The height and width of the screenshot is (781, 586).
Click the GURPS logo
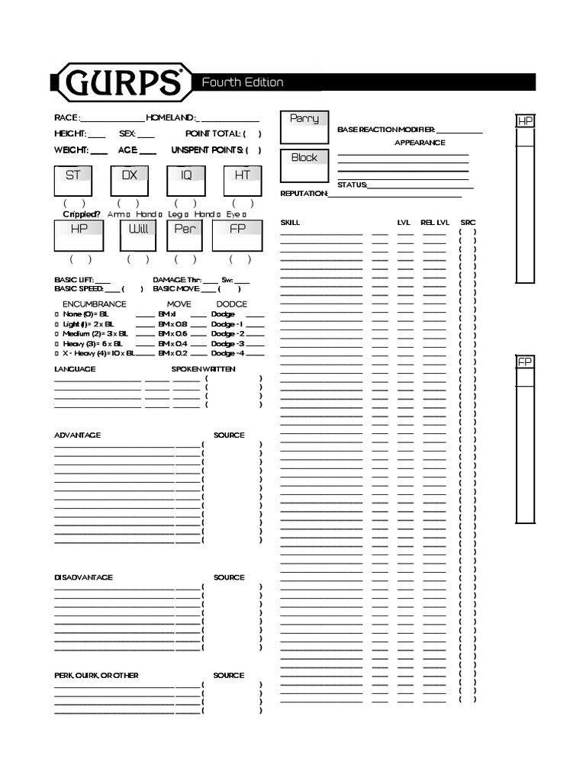coord(121,82)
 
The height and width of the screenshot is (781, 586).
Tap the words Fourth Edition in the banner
coord(242,82)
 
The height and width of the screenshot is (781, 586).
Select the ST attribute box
coord(73,181)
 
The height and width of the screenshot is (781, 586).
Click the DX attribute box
coord(130,181)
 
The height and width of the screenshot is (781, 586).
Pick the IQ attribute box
coord(186,181)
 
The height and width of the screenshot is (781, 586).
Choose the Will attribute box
coord(138,235)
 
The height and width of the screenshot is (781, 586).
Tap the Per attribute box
coord(185,235)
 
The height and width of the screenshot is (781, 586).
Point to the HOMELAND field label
coord(171,118)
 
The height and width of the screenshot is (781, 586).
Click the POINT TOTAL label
coord(213,133)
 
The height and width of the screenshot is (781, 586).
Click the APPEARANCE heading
coord(420,143)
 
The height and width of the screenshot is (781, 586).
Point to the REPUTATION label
coord(304,194)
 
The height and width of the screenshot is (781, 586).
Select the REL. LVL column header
coord(435,223)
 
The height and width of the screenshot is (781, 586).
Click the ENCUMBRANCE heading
coord(94,304)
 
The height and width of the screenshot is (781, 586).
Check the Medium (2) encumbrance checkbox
coord(56,334)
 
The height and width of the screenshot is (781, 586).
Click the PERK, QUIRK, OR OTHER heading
coord(96,676)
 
